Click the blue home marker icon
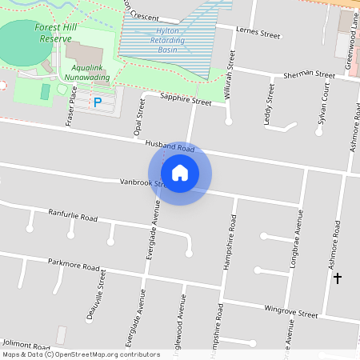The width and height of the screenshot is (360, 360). tap(180, 173)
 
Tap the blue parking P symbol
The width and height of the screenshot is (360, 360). tap(98, 102)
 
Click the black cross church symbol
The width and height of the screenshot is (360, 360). tap(337, 278)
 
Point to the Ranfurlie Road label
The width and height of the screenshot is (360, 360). tap(73, 217)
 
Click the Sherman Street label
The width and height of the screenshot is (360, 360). tap(309, 75)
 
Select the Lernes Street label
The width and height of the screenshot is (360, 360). tap(259, 33)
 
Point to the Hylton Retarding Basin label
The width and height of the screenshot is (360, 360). tap(167, 40)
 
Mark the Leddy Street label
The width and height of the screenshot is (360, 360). tap(268, 103)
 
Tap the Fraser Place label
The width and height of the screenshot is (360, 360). tap(72, 107)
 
